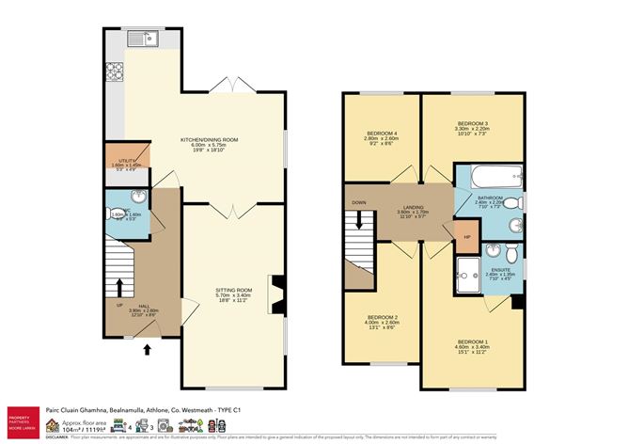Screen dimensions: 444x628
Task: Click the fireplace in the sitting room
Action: click(275, 293)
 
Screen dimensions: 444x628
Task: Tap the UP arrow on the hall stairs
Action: click(118, 286)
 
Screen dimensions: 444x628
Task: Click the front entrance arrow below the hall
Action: click(146, 351)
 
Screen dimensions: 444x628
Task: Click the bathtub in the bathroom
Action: click(489, 176)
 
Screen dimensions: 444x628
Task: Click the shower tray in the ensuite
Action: click(468, 277)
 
